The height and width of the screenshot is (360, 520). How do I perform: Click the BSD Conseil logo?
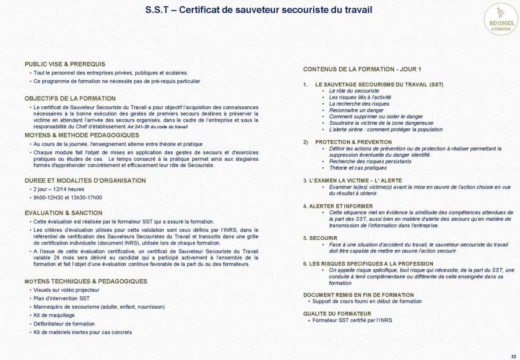click(x=500, y=19)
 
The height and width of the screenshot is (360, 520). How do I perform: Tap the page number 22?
click(x=514, y=355)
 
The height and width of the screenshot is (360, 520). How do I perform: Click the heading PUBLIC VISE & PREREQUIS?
click(x=65, y=64)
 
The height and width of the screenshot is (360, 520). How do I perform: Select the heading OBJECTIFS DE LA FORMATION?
click(x=70, y=98)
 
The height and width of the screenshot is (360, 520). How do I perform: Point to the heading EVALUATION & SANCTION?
click(x=64, y=213)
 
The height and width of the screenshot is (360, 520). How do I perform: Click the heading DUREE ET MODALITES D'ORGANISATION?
click(x=85, y=180)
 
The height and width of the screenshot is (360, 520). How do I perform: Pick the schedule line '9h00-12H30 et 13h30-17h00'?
click(x=68, y=197)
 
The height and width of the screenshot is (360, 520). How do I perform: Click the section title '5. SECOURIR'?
click(x=320, y=237)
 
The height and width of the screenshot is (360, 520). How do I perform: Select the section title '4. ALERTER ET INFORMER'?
click(x=338, y=206)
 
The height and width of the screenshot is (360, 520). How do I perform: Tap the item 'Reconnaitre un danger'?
click(x=356, y=110)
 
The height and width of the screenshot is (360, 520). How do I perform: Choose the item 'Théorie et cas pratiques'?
click(x=358, y=168)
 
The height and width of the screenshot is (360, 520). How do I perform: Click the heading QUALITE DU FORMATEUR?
click(x=337, y=313)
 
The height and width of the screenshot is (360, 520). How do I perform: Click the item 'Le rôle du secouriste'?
click(x=354, y=91)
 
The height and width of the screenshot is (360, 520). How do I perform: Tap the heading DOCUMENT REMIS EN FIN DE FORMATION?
click(x=358, y=295)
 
